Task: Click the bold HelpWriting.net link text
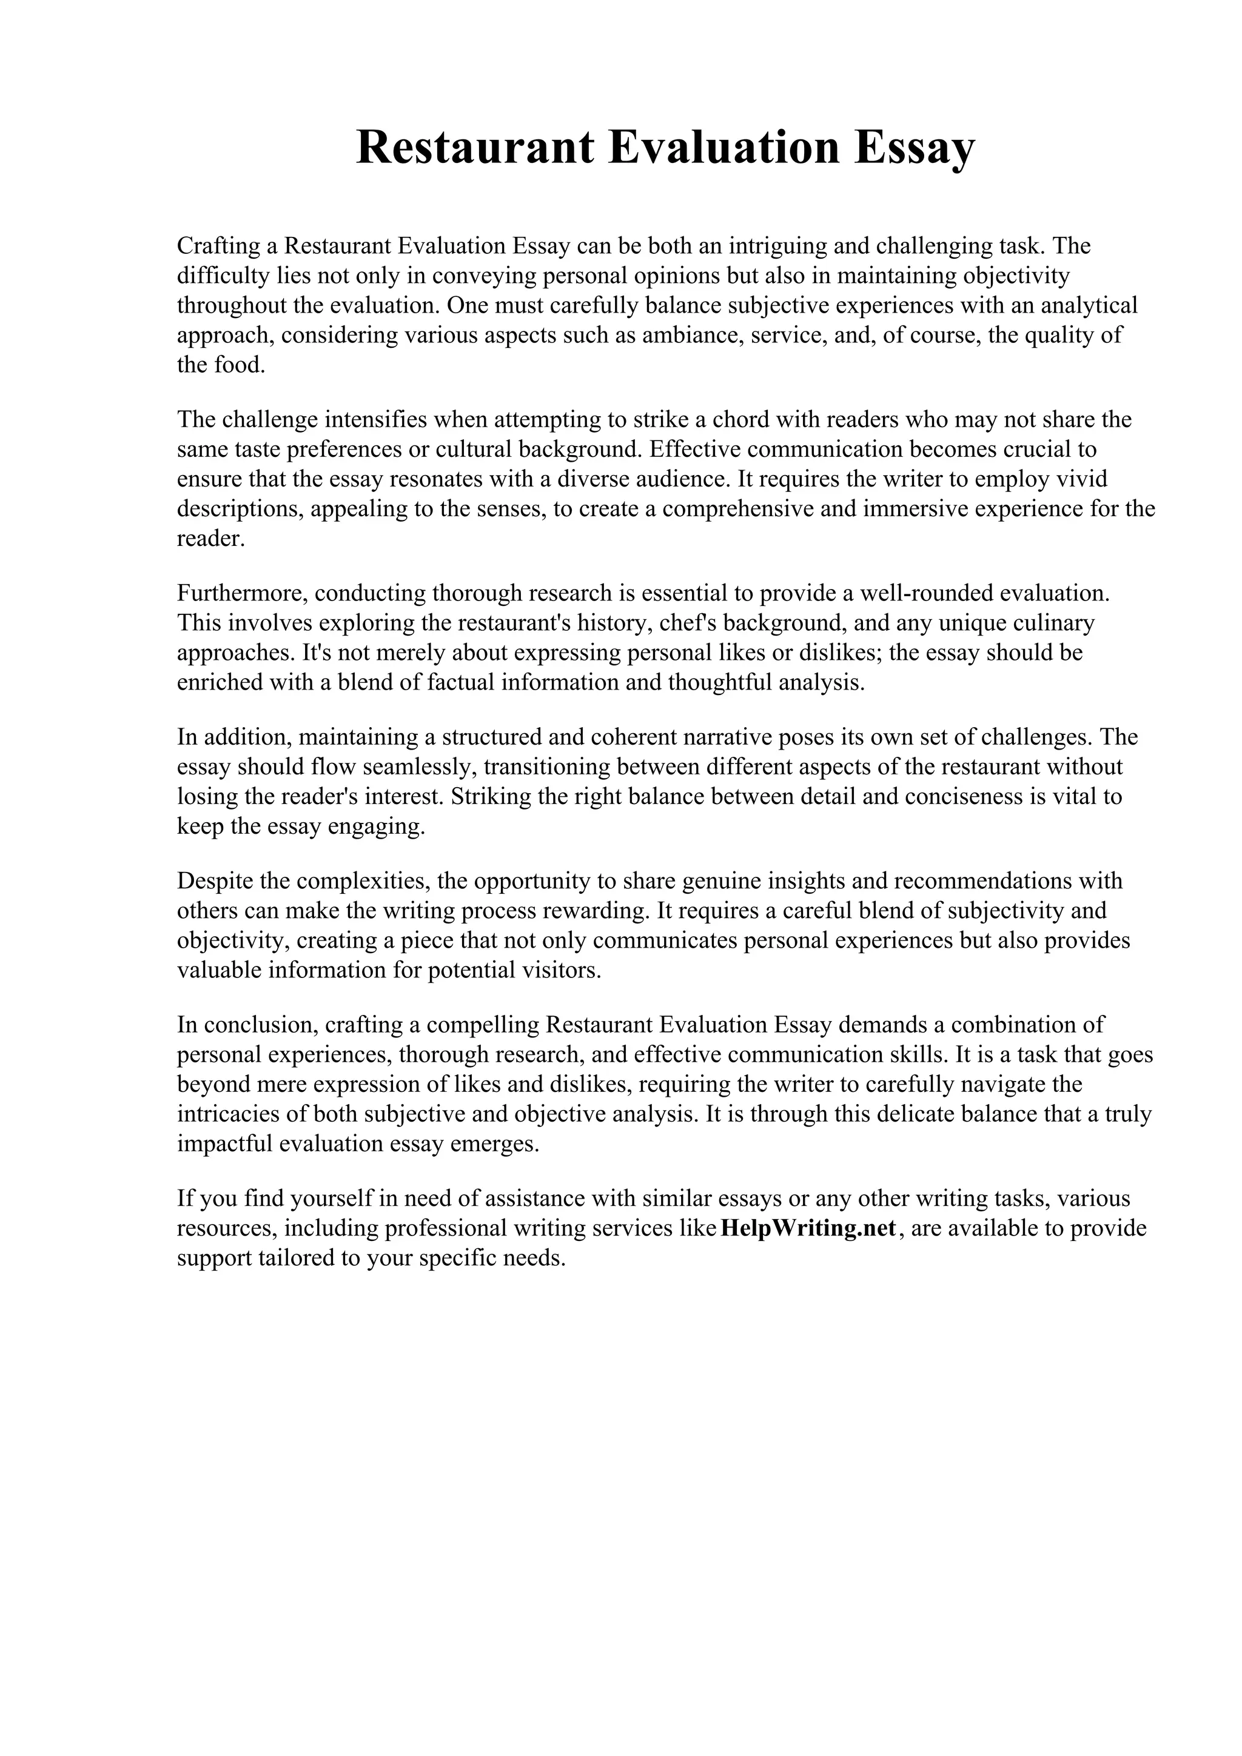pos(808,1228)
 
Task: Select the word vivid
pos(1081,479)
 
